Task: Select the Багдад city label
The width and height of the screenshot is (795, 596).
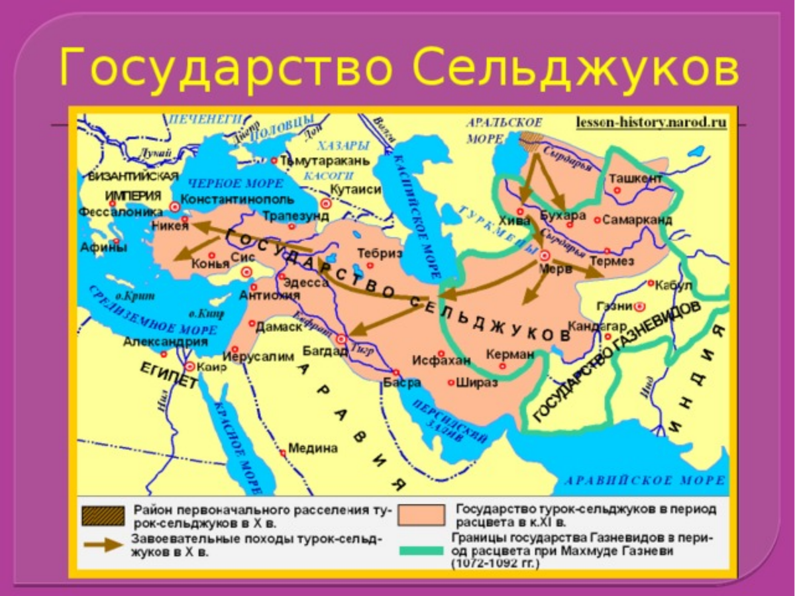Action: coord(325,350)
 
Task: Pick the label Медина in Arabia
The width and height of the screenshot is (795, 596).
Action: coord(313,448)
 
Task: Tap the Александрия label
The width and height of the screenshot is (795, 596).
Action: coord(166,342)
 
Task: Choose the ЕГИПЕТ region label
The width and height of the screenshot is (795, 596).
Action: coord(168,375)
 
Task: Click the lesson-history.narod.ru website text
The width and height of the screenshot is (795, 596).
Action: coord(651,123)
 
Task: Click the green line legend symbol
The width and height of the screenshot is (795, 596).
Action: coord(419,550)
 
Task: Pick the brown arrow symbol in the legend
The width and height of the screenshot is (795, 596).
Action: coord(103,544)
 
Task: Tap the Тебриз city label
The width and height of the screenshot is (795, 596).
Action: coord(380,253)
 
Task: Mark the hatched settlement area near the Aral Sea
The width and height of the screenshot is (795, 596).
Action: coord(531,138)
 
